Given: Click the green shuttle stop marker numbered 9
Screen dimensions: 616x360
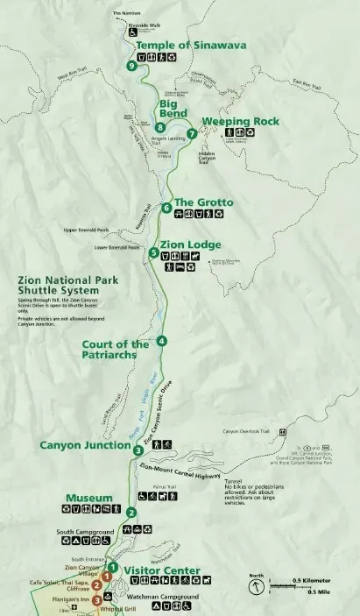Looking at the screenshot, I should coord(131,66).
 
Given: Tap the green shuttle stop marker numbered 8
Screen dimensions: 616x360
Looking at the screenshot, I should coord(159,126).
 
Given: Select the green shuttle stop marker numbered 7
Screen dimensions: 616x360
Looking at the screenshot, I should coord(191,134).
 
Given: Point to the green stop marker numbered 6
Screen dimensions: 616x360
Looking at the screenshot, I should coord(166,208).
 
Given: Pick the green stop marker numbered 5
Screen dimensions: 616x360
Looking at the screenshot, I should coord(153,252).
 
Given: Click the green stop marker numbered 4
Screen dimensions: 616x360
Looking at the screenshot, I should coord(161,341).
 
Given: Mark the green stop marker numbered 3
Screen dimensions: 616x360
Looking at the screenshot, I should coord(138,450).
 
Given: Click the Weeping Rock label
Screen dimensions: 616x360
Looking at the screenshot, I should coord(240,121).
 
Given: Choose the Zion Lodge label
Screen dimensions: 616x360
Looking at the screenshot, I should coord(190,244).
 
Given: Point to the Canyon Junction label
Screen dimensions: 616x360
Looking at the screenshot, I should coord(86,444).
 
